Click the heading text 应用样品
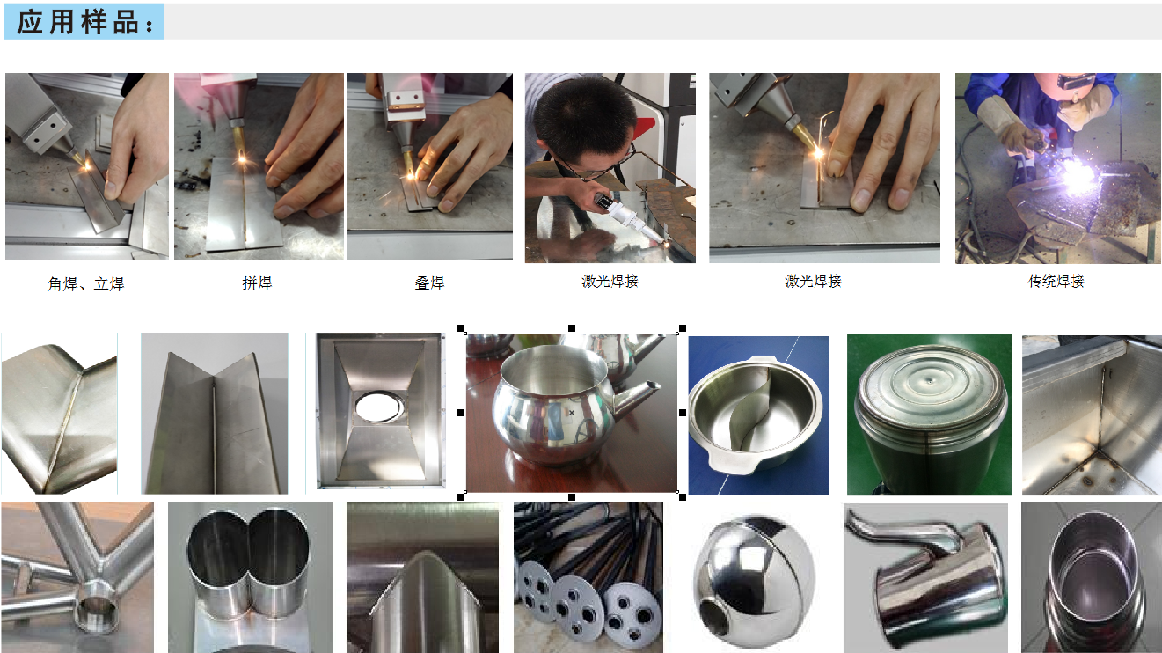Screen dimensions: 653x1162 pyautogui.click(x=84, y=22)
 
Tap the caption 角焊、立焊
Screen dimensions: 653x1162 pyautogui.click(x=85, y=285)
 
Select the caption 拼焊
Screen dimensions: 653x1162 pyautogui.click(x=257, y=283)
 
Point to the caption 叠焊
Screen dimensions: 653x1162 pyautogui.click(x=429, y=283)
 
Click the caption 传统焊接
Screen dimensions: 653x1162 pyautogui.click(x=1056, y=282)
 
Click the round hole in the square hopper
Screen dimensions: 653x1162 pyautogui.click(x=379, y=406)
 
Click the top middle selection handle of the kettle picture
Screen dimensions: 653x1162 pyautogui.click(x=572, y=328)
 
